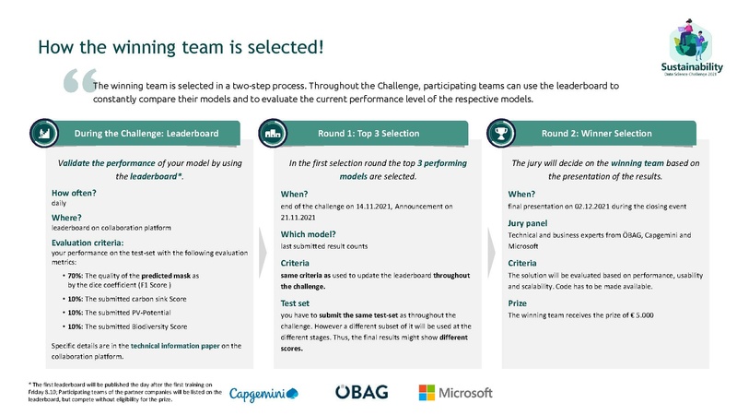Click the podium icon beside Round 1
pos(274,133)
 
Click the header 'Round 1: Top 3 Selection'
pos(368,134)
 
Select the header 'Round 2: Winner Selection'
pos(597,134)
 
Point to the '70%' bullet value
pos(74,276)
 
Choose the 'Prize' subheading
pos(518,302)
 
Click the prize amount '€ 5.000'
pos(635,315)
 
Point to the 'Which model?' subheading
pos(308,234)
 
